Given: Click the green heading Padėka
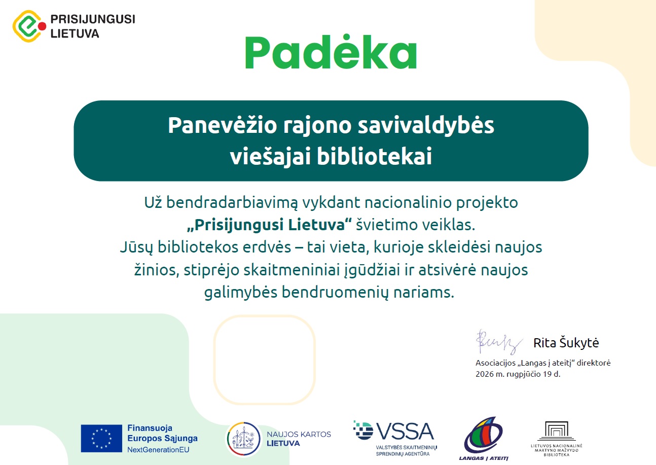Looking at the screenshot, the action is [331, 52].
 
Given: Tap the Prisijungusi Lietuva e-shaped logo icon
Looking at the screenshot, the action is [29, 26].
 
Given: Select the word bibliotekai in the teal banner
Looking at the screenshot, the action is [374, 156].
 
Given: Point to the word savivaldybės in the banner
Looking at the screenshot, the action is [426, 126].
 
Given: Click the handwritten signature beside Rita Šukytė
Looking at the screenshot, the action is [499, 342].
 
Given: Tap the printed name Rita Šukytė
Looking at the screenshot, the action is [566, 343].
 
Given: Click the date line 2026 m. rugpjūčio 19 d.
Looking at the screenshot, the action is [518, 374].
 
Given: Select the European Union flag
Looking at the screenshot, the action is [101, 438].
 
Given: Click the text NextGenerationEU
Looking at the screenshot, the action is [158, 449].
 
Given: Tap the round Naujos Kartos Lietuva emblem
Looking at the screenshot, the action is [244, 439].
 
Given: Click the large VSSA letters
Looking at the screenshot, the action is [405, 431].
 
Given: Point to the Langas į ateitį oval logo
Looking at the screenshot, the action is [483, 435].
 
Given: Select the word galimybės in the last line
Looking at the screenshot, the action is [241, 293].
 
